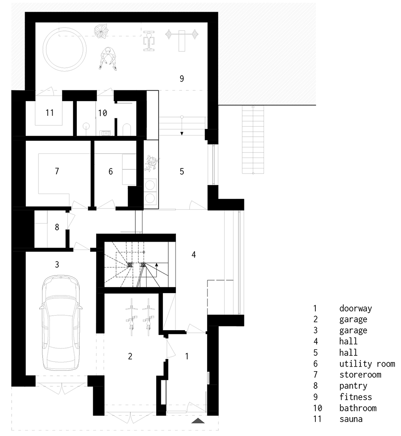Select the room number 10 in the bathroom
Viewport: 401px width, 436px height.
[102, 113]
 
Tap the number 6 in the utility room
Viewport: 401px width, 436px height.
[110, 171]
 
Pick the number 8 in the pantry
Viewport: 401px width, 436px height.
[57, 227]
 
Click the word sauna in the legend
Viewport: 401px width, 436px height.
[351, 419]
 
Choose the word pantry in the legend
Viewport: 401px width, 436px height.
[353, 386]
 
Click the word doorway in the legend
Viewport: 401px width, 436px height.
[355, 309]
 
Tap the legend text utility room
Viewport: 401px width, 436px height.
[367, 364]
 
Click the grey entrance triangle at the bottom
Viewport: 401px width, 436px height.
[198, 421]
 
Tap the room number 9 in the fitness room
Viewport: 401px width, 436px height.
[181, 79]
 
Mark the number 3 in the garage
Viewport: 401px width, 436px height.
[57, 264]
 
